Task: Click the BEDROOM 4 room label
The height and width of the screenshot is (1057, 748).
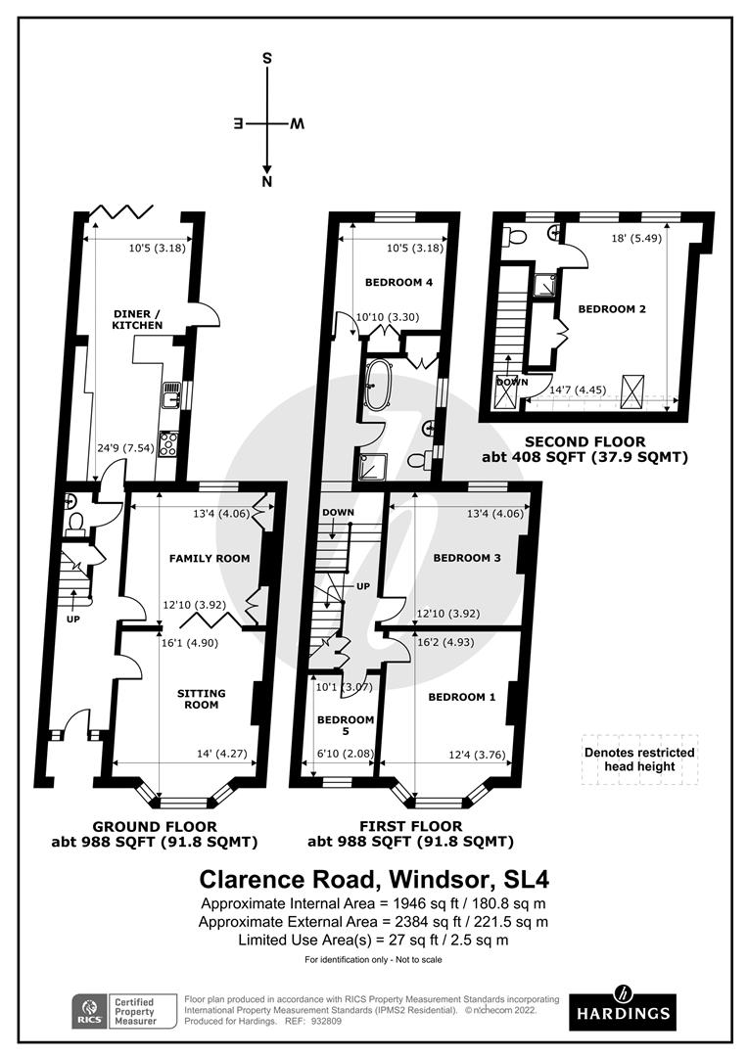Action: click(398, 283)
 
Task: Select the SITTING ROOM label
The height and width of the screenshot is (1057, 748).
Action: click(201, 699)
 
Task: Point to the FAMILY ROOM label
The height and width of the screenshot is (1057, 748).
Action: click(210, 559)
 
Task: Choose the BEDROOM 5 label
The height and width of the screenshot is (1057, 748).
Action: click(345, 726)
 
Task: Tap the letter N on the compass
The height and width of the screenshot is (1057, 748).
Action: click(267, 182)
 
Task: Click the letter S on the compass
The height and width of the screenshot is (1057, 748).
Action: click(267, 59)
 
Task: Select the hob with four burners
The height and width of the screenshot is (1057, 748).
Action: click(168, 443)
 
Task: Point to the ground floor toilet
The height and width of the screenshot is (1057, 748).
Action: click(75, 524)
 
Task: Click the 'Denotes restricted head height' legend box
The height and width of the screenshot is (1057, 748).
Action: click(639, 759)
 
